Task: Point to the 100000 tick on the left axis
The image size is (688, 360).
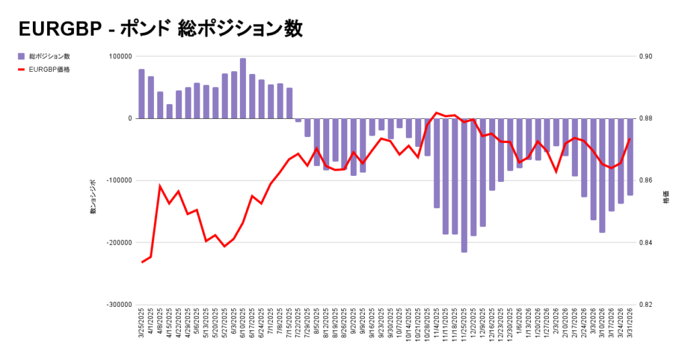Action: click(x=120, y=56)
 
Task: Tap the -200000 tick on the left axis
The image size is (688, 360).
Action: click(x=118, y=242)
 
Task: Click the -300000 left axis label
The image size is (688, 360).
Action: click(x=118, y=304)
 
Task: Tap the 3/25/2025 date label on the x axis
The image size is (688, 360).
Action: click(x=142, y=324)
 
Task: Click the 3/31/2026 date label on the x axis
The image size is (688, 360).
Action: click(x=630, y=324)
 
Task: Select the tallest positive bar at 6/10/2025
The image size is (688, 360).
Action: click(x=243, y=88)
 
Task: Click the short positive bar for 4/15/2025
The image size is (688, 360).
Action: click(x=169, y=111)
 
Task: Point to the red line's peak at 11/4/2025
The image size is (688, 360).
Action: click(x=437, y=113)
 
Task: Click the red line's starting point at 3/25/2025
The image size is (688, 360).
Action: click(x=142, y=262)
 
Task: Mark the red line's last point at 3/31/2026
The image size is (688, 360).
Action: click(x=630, y=139)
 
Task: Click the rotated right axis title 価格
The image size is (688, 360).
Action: click(x=666, y=200)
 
